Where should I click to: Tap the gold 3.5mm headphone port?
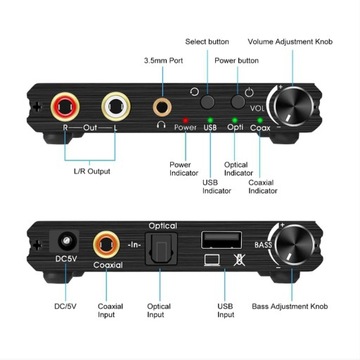[161, 103]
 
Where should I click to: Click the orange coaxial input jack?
[109, 245]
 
